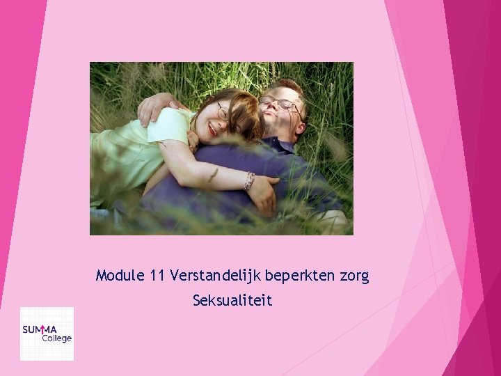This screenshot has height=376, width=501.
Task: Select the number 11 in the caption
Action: tap(156, 276)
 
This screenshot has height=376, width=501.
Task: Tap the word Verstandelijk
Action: tap(213, 276)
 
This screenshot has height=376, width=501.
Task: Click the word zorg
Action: tap(354, 277)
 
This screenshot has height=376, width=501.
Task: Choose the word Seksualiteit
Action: tap(232, 301)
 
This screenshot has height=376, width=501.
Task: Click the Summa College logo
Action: tap(47, 334)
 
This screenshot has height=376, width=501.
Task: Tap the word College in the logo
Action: tap(56, 338)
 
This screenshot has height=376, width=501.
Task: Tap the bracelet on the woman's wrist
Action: tap(248, 181)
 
